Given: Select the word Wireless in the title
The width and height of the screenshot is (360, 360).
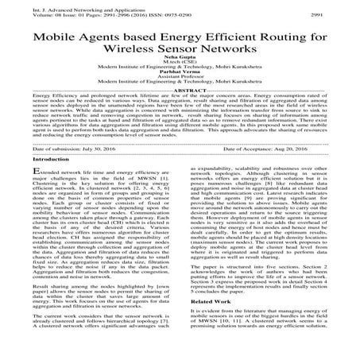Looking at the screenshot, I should (126, 53).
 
